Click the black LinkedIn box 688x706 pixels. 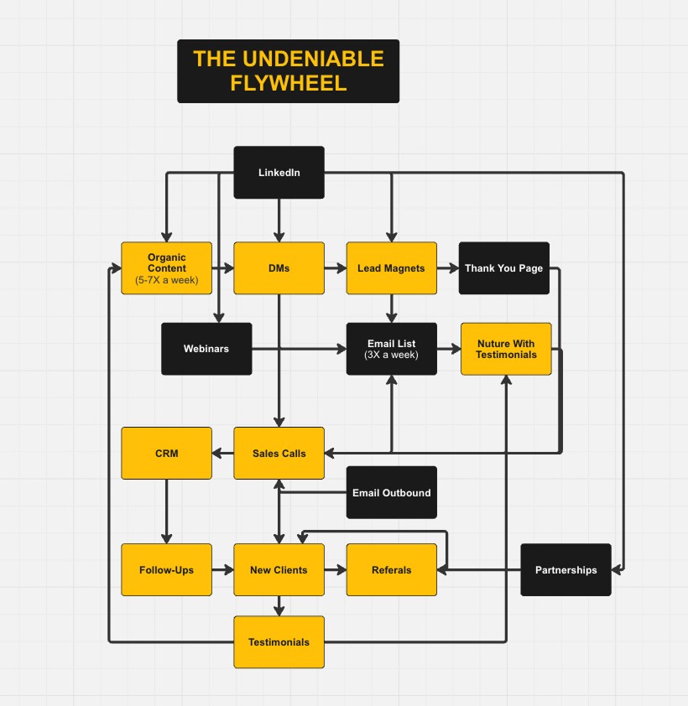click(x=279, y=173)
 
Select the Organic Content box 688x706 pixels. click(x=166, y=268)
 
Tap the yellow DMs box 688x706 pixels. click(x=279, y=268)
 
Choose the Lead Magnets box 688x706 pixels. click(x=391, y=268)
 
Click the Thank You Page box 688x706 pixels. click(x=503, y=268)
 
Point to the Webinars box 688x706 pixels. click(x=206, y=349)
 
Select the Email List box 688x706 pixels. click(x=391, y=349)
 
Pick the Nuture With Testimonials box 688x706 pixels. click(x=506, y=349)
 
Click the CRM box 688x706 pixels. click(x=166, y=454)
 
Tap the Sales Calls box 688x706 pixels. click(x=279, y=454)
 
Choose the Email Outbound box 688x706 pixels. click(x=391, y=492)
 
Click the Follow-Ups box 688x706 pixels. click(x=166, y=570)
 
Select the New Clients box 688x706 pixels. click(x=279, y=570)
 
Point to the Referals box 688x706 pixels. click(x=391, y=570)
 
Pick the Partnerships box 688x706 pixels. click(x=566, y=570)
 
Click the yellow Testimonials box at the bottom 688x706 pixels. click(x=279, y=642)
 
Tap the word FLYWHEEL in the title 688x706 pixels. click(x=288, y=84)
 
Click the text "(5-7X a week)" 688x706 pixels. click(x=166, y=280)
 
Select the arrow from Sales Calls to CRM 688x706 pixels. click(x=222, y=454)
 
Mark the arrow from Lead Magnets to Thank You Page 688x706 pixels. click(x=447, y=268)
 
